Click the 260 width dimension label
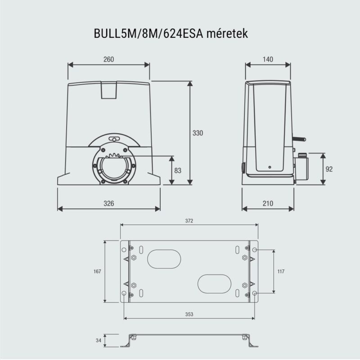(108, 59)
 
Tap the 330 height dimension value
(198, 133)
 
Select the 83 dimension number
(178, 171)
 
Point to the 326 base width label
(108, 203)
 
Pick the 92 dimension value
(329, 169)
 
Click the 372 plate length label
(189, 220)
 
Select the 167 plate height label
(98, 271)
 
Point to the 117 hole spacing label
(281, 271)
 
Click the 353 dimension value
(189, 314)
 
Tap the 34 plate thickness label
(99, 341)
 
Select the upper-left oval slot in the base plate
(164, 260)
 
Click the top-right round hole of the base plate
(255, 250)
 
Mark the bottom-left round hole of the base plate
(124, 293)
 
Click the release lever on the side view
(299, 139)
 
